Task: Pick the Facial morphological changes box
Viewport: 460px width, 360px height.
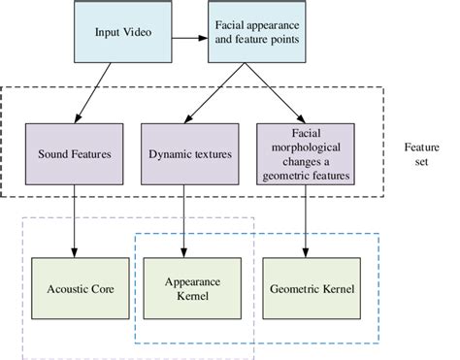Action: (x=306, y=153)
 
